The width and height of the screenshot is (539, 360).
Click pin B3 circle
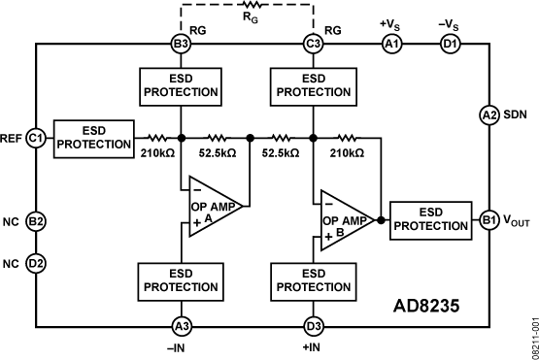pyautogui.click(x=182, y=44)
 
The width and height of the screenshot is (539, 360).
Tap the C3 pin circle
pyautogui.click(x=313, y=44)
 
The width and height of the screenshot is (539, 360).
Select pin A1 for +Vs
pyautogui.click(x=392, y=44)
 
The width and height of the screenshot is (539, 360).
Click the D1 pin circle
pyautogui.click(x=451, y=44)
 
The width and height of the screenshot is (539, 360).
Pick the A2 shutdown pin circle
pyautogui.click(x=488, y=115)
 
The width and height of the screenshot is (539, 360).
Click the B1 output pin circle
pyautogui.click(x=488, y=220)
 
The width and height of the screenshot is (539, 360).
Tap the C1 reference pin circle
pyautogui.click(x=36, y=139)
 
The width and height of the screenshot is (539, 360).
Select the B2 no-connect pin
pyautogui.click(x=36, y=221)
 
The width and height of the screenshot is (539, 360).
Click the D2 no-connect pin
pyautogui.click(x=36, y=264)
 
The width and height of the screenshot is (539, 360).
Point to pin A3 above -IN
pyautogui.click(x=182, y=326)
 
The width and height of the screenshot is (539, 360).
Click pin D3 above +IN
pyautogui.click(x=314, y=326)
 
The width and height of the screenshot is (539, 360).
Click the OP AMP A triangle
pyautogui.click(x=213, y=207)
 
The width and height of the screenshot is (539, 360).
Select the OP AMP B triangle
pyautogui.click(x=345, y=220)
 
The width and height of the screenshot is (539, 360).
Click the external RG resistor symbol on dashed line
pyautogui.click(x=252, y=5)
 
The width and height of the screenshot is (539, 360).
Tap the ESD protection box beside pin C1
pyautogui.click(x=94, y=139)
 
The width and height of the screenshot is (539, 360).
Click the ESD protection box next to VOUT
pyautogui.click(x=431, y=220)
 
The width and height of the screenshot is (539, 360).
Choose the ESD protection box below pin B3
pyautogui.click(x=181, y=87)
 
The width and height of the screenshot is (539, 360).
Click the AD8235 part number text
pyautogui.click(x=426, y=306)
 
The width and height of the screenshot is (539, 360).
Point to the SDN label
pyautogui.click(x=515, y=115)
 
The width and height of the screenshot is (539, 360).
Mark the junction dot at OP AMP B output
pyautogui.click(x=381, y=220)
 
